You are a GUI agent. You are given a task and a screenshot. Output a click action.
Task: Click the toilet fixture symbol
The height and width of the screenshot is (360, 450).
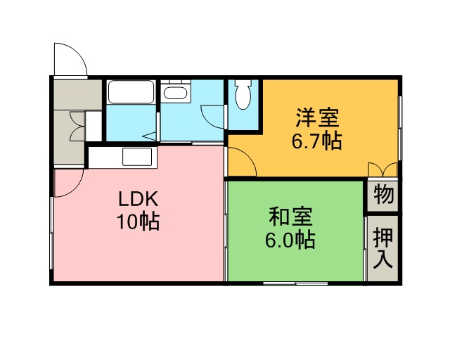[243, 94]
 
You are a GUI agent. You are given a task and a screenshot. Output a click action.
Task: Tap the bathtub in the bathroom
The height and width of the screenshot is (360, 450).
[131, 91]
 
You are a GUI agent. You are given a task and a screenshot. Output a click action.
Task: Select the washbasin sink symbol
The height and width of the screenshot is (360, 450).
[175, 93]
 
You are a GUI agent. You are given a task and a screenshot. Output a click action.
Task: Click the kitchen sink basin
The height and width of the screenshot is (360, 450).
[137, 157]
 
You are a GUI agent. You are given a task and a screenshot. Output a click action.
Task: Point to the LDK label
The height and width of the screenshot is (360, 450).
[138, 199]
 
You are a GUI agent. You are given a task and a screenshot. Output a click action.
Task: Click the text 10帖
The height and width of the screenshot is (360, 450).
[138, 221]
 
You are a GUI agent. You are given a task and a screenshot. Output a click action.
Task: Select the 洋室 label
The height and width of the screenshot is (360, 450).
[317, 117]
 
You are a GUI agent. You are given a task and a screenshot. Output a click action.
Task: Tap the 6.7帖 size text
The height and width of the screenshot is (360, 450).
[317, 141]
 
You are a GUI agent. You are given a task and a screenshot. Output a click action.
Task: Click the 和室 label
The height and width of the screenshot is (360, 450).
[290, 217]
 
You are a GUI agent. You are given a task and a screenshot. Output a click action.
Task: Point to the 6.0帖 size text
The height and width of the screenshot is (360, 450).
[290, 240]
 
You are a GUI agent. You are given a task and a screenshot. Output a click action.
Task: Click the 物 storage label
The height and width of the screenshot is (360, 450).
[382, 194]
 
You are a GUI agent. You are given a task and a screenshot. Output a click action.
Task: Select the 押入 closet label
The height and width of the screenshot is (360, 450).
[382, 248]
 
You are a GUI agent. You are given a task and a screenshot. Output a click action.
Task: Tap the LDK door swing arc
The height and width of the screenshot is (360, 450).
[75, 189]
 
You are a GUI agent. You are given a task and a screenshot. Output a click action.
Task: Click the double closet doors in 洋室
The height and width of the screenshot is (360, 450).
[382, 169]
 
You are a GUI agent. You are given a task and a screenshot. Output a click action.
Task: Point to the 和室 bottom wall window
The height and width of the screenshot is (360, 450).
[295, 283]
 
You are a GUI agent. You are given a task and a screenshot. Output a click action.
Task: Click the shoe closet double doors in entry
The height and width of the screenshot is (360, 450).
[77, 127]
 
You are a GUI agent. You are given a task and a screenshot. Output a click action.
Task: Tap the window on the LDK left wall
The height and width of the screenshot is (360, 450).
[51, 233]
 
